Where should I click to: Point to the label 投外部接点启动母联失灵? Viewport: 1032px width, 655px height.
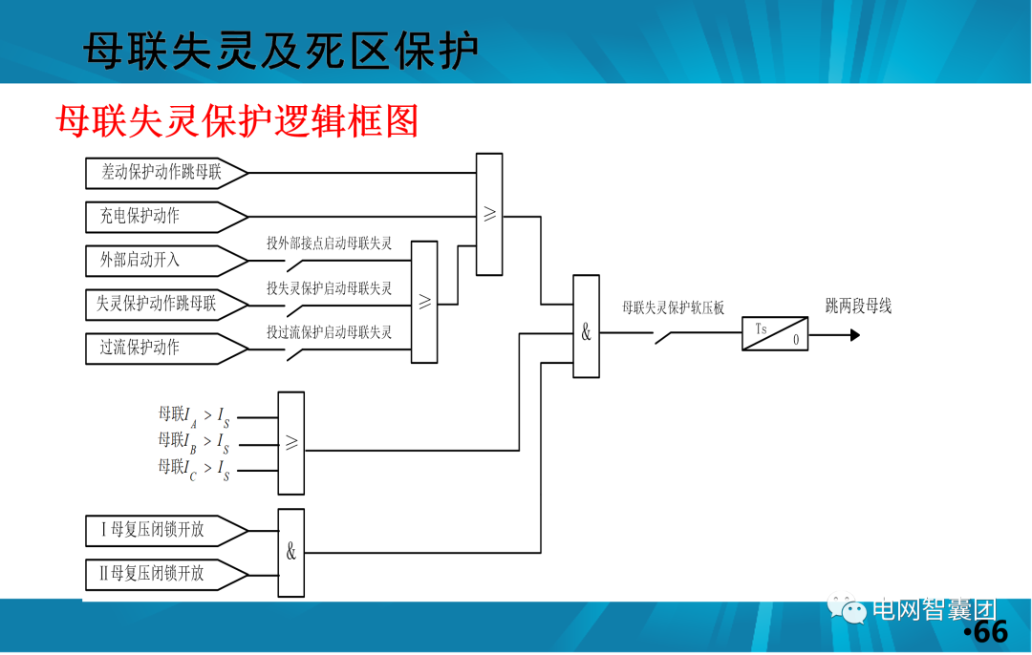click(330, 243)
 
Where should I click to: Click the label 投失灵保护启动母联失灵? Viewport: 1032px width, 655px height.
click(330, 287)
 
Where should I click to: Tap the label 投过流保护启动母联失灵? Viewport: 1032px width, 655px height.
click(330, 332)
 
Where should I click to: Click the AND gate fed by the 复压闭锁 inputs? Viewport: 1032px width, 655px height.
click(291, 552)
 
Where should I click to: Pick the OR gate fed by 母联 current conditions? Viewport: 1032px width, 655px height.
click(291, 443)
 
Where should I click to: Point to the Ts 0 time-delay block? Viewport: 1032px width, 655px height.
click(775, 334)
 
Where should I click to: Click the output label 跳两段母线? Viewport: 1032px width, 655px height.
click(858, 306)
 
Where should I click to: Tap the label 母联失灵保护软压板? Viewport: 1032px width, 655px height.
click(674, 307)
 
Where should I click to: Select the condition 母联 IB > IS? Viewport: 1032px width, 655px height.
click(194, 442)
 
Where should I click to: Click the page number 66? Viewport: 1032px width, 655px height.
click(988, 632)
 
